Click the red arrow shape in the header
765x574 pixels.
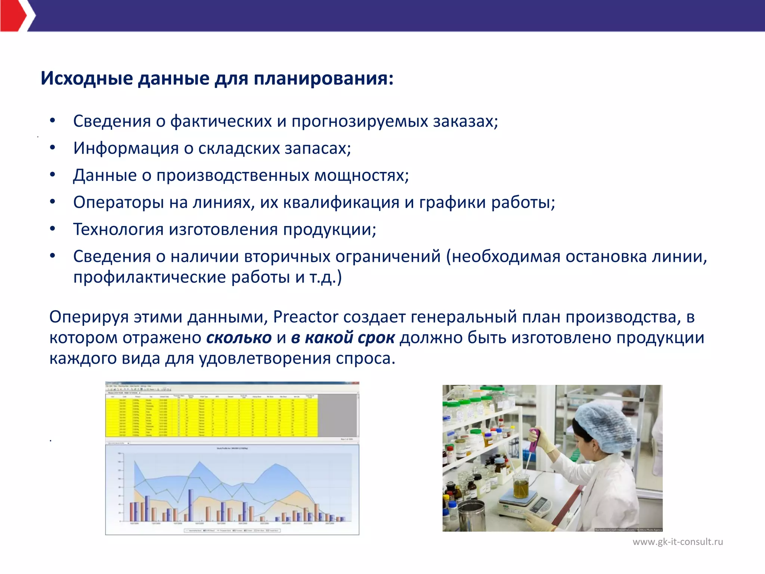(x=13, y=16)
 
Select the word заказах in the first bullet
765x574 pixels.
(x=465, y=121)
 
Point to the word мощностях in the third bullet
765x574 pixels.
(x=361, y=175)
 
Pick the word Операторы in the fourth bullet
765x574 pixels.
(x=118, y=202)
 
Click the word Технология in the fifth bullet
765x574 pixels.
(x=118, y=229)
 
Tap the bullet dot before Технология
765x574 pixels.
(x=53, y=228)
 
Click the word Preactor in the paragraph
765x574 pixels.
(x=306, y=317)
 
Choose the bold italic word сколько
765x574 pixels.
(x=239, y=337)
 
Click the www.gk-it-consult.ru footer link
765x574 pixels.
(x=678, y=541)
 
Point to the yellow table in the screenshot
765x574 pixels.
(x=211, y=417)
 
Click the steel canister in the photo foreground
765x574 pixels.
(x=472, y=516)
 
